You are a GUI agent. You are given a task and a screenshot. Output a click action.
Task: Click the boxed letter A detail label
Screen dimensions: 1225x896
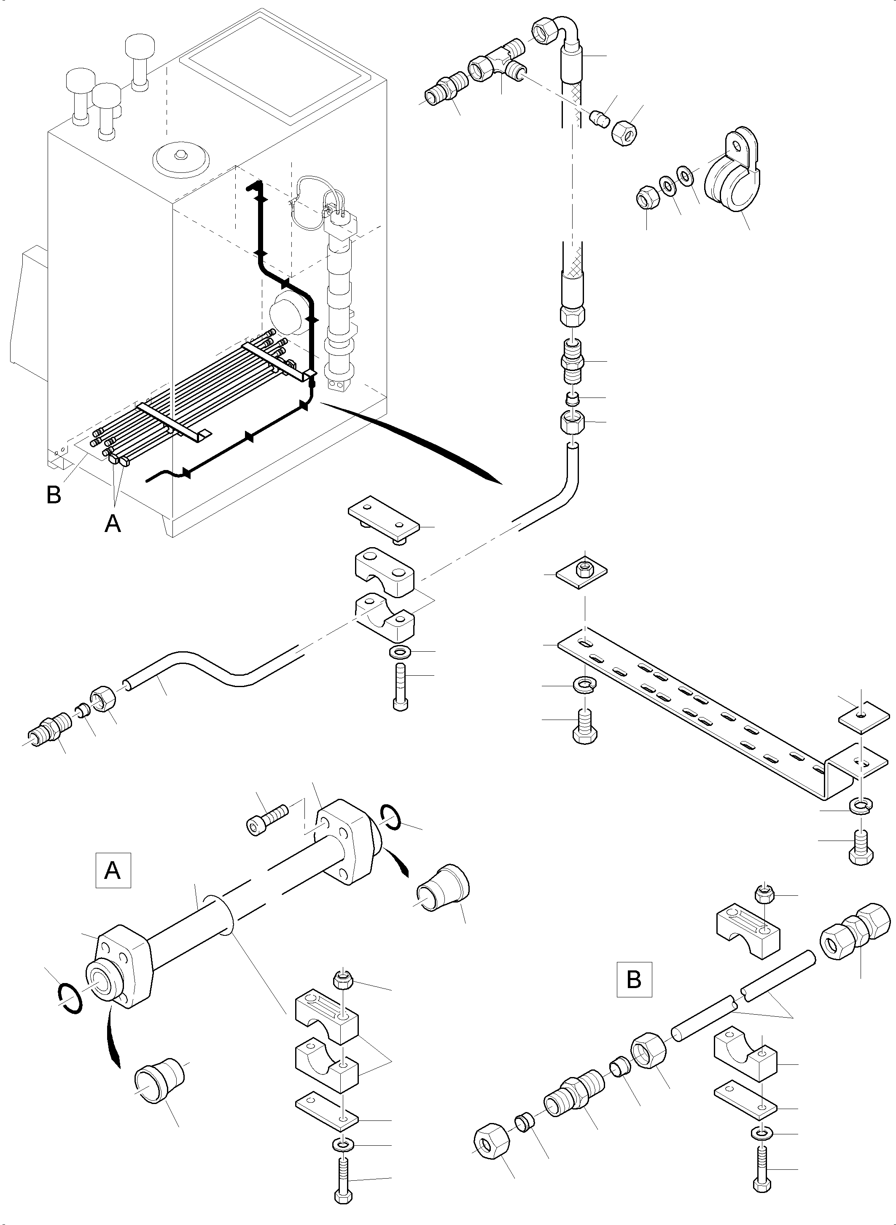pos(113,870)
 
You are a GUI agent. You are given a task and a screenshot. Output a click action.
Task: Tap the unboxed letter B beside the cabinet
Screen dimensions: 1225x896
pos(54,494)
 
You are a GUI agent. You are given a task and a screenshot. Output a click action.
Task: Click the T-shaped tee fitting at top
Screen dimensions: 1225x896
pos(498,64)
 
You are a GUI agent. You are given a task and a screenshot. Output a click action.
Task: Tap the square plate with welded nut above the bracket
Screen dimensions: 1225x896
pos(582,571)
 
